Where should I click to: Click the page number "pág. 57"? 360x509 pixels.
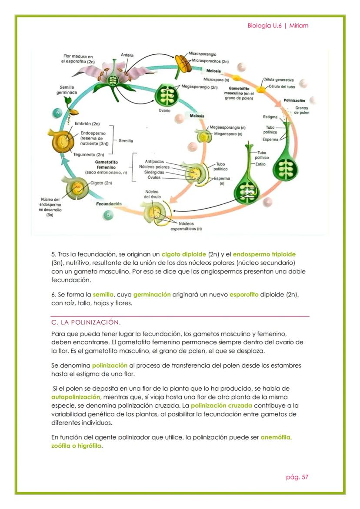tap(297, 477)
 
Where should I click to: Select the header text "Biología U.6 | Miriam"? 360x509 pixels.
tap(278, 25)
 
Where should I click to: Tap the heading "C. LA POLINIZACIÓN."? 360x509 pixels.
tap(86, 322)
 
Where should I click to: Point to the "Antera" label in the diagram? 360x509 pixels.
tap(127, 55)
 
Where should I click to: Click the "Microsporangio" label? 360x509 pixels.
tap(202, 54)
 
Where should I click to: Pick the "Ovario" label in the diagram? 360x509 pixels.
tap(164, 110)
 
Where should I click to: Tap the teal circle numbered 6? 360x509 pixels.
tap(57, 113)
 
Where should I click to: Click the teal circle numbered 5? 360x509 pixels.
tap(109, 215)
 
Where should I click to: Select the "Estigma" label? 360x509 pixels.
tap(270, 116)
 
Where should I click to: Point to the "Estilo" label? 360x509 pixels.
tap(260, 164)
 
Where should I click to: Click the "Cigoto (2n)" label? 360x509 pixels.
tap(101, 183)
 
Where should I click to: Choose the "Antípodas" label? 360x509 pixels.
tap(154, 162)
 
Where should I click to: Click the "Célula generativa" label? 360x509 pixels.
tap(278, 80)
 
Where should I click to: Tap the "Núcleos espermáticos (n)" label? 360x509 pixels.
tap(186, 226)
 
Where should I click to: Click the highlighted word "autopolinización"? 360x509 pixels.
tap(76, 397)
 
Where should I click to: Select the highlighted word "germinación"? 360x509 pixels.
tap(152, 295)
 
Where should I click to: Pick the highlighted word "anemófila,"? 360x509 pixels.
tap(276, 437)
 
